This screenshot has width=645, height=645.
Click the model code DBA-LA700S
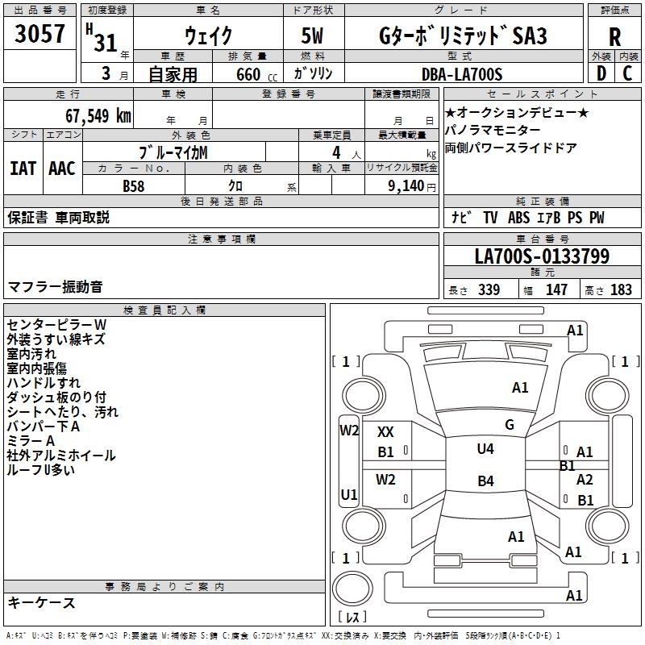coord(462,74)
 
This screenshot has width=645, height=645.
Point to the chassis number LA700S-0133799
coord(542,257)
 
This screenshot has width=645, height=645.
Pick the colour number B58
coord(134,185)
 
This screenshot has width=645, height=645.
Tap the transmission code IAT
coord(23,169)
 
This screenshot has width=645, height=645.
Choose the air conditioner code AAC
coord(61,169)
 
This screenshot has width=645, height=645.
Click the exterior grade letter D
coord(601,74)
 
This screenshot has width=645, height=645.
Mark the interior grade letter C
coord(627,74)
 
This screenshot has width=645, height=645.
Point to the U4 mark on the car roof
coord(485,449)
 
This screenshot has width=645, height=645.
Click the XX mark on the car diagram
coord(386,432)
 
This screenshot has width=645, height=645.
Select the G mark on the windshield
coord(510,425)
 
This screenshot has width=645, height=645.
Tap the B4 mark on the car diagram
coord(485,481)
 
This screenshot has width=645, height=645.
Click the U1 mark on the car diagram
coord(349,494)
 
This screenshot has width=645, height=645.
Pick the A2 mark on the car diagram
coord(585,480)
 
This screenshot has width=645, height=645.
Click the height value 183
coord(622,290)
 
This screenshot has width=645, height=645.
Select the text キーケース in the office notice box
coord(42,603)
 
